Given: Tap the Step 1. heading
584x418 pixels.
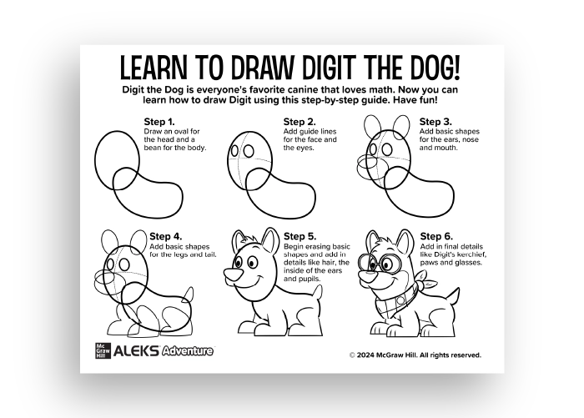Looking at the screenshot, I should pyautogui.click(x=160, y=121).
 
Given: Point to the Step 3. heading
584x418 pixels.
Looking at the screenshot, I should pyautogui.click(x=435, y=121).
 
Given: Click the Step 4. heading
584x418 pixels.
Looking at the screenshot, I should pyautogui.click(x=166, y=236).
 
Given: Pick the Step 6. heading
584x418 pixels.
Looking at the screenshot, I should pyautogui.click(x=436, y=236).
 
